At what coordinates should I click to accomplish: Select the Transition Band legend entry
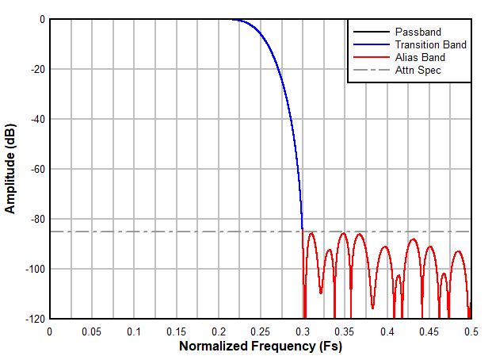pyautogui.click(x=430, y=45)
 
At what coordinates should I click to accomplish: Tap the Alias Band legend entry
pyautogui.click(x=420, y=57)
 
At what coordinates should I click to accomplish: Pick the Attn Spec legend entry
pyautogui.click(x=418, y=70)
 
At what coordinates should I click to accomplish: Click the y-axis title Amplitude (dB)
pyautogui.click(x=11, y=169)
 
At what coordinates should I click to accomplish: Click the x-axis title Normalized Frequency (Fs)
pyautogui.click(x=261, y=347)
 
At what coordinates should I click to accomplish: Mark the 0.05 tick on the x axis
pyautogui.click(x=92, y=331)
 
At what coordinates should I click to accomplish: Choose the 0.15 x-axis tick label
pyautogui.click(x=176, y=331)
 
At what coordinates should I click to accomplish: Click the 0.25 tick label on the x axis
pyautogui.click(x=261, y=331)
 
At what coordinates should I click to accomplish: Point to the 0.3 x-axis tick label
pyautogui.click(x=303, y=331)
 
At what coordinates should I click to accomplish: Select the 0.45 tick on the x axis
pyautogui.click(x=429, y=331)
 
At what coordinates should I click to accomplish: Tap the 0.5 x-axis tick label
pyautogui.click(x=471, y=331)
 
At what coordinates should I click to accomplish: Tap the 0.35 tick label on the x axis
pyautogui.click(x=345, y=331)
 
